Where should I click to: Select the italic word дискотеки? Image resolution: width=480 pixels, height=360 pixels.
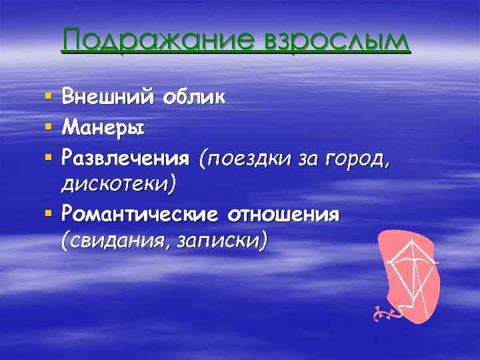(x=119, y=184)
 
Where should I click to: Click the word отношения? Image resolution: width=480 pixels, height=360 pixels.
(x=284, y=214)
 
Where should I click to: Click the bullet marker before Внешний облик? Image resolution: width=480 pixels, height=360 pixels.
(x=47, y=98)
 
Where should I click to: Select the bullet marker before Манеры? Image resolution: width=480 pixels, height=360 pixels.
(x=47, y=127)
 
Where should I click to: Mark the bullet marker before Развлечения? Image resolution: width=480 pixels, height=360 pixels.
(x=47, y=156)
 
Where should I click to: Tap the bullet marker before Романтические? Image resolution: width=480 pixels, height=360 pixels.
(x=47, y=215)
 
